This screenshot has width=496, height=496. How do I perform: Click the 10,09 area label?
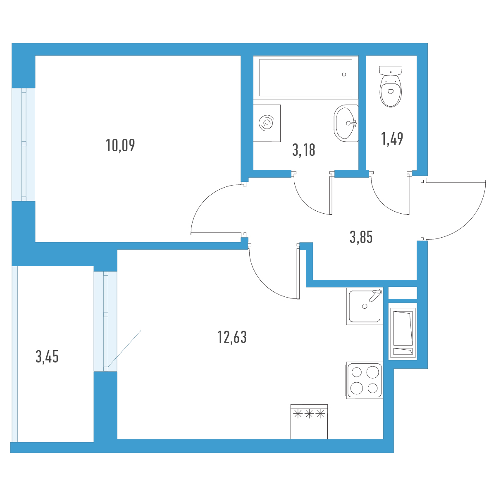coord(120,145)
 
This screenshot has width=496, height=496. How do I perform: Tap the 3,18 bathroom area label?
coord(304,150)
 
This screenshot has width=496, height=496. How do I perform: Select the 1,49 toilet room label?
coord(392,139)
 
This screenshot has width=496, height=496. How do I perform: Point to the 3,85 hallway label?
coord(361,237)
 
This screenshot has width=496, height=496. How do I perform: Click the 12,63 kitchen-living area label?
coord(232,337)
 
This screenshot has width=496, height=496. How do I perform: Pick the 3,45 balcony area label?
coord(47,357)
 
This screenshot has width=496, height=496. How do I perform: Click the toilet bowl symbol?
coord(391,86)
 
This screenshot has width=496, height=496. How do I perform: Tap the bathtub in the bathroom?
coord(305,77)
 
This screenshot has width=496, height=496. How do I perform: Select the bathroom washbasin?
coord(346,123)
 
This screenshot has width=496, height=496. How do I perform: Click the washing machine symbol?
coord(267,123)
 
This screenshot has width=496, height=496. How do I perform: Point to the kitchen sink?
coord(365,306)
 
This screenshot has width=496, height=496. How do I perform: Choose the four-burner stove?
coord(365,380)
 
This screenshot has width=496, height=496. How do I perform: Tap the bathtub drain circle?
coord(344,75)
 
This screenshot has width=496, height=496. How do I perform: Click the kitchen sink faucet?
coord(375,295)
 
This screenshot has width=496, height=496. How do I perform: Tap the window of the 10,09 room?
coord(24,144)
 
